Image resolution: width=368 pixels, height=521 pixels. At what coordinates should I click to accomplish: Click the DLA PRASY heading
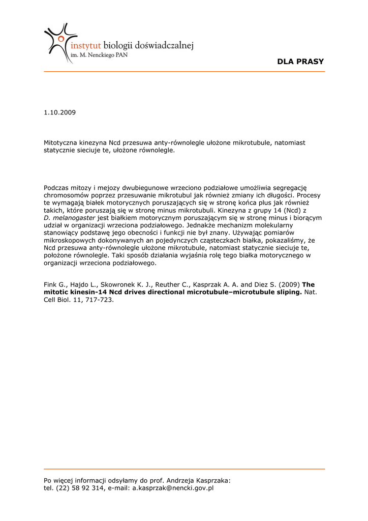coord(300,62)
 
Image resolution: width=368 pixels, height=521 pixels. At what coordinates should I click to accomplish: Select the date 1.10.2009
coord(59,112)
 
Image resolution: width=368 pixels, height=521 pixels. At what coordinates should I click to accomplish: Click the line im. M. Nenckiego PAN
coord(99,56)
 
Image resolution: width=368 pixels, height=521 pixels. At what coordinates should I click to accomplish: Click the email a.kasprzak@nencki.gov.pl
coord(173,487)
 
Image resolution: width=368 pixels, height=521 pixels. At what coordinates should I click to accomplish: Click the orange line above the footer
coord(184,469)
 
